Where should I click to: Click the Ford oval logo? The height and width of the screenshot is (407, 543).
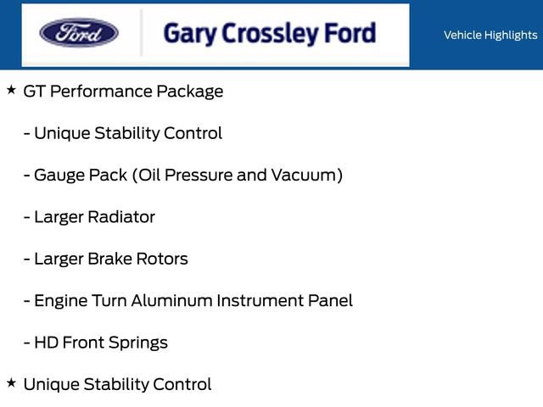click(x=79, y=33)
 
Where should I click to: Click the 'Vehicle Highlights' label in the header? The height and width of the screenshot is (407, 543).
click(x=490, y=35)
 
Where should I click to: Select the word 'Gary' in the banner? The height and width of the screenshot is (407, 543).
click(x=188, y=34)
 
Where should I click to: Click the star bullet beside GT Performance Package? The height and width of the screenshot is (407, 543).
click(x=11, y=89)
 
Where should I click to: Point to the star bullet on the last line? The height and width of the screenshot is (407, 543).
click(x=11, y=382)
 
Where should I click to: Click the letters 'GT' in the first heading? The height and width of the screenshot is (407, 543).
click(x=35, y=91)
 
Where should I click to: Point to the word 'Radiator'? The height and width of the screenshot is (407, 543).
click(x=121, y=216)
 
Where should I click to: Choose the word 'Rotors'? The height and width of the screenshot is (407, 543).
click(x=163, y=259)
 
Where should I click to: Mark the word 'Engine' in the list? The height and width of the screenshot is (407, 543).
click(x=60, y=300)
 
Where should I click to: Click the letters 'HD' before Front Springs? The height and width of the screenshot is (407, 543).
click(x=45, y=343)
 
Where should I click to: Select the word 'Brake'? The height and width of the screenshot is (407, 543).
click(x=110, y=259)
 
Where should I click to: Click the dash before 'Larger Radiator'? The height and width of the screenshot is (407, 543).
click(x=27, y=216)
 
